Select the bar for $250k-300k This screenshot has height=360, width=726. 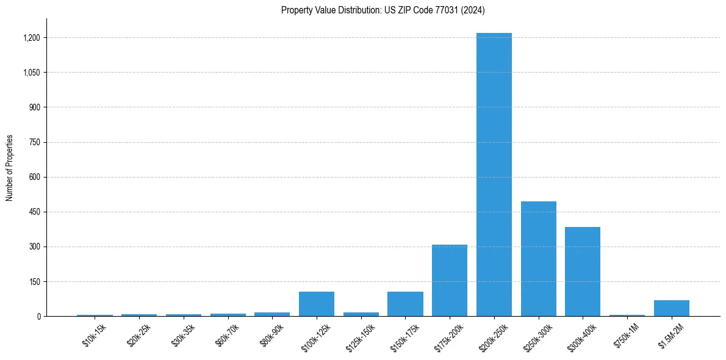(x=538, y=259)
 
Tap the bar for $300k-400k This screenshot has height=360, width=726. (x=583, y=272)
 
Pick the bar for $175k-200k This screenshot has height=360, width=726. (x=450, y=281)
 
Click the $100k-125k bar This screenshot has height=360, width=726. (x=316, y=304)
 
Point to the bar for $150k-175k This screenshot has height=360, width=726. (x=405, y=304)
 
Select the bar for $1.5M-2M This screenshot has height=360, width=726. (x=671, y=308)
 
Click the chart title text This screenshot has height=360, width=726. (x=383, y=10)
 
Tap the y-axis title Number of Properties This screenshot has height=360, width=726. (x=10, y=168)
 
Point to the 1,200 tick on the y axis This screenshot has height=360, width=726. (x=31, y=38)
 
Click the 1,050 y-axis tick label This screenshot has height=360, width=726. (x=31, y=73)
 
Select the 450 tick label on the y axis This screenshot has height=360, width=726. (x=34, y=212)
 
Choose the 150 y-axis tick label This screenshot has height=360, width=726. (x=34, y=281)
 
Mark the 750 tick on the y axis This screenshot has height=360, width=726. (x=34, y=142)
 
